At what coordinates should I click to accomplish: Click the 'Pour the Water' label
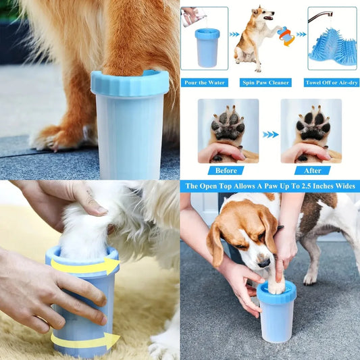click(x=205, y=82)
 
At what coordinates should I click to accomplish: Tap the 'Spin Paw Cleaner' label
click(x=265, y=82)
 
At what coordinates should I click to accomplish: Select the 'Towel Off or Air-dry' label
click(x=332, y=82)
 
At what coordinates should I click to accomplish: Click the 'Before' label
click(x=226, y=171)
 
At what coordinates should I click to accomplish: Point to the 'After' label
click(x=313, y=171)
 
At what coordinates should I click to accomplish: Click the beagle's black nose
click(x=264, y=263)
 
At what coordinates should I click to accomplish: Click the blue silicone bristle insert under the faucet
click(x=332, y=47)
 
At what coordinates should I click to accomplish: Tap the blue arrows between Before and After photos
click(x=270, y=134)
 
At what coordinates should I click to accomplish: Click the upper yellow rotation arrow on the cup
click(x=85, y=265)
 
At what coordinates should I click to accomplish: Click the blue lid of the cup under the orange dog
click(x=130, y=82)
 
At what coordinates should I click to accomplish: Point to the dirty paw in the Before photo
click(x=228, y=124)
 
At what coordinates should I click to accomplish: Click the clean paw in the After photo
click(x=313, y=124)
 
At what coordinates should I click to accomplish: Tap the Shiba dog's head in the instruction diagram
click(x=263, y=14)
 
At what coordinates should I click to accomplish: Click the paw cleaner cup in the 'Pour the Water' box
click(x=207, y=48)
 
